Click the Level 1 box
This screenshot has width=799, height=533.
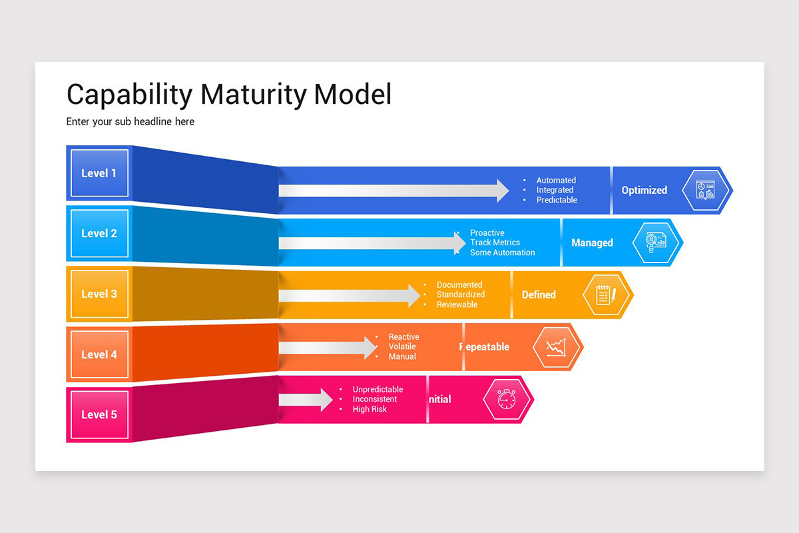[x=99, y=173]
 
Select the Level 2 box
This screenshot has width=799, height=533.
[x=99, y=233]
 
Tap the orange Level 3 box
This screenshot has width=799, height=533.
[x=99, y=294]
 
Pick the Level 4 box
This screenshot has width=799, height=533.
[x=99, y=354]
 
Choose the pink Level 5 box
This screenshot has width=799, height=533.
[x=99, y=414]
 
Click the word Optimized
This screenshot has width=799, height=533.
[x=644, y=191]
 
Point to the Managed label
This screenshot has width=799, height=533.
[x=592, y=243]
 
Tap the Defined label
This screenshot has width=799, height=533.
[x=539, y=294]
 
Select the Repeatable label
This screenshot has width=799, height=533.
[x=485, y=347]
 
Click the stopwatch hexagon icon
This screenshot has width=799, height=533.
[x=507, y=399]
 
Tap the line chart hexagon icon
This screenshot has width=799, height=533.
[x=556, y=347]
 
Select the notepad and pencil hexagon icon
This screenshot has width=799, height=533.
[x=605, y=294]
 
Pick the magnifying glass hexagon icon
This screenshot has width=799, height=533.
[x=655, y=243]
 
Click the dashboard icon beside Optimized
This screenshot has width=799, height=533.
[x=705, y=191]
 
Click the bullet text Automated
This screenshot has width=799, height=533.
[x=556, y=181]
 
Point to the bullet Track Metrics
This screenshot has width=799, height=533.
[x=495, y=243]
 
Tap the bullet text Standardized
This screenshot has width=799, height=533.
[x=461, y=294]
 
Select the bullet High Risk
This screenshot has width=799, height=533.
[x=370, y=409]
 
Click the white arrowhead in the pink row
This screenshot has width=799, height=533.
[x=325, y=399]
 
